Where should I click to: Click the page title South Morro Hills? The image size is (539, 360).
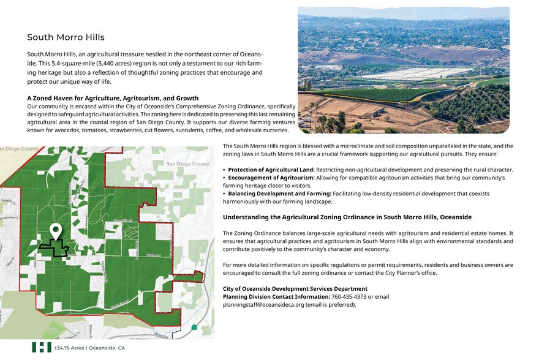[66, 37]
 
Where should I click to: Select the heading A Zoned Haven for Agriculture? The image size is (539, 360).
[113, 98]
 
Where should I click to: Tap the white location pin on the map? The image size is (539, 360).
[56, 231]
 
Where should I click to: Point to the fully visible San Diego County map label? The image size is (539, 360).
[188, 164]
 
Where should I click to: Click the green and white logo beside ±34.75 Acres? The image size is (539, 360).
[41, 347]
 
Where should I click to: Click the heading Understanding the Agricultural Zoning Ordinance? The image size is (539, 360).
[347, 217]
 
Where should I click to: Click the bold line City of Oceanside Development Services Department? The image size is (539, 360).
[295, 289]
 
